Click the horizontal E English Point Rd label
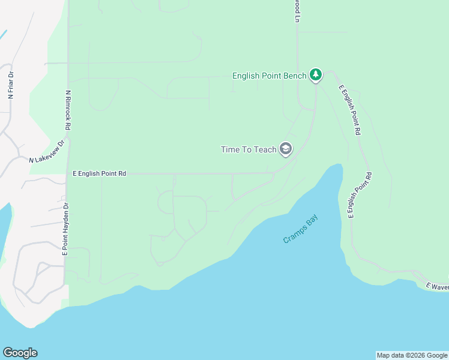coord(99,173)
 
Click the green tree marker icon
coord(316,75)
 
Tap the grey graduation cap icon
coord(286,149)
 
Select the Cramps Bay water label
coord(300,229)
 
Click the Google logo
coord(20,353)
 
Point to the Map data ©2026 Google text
coord(412,355)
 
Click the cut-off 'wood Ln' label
coord(297,11)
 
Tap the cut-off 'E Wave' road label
coord(437,287)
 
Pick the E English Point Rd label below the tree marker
coord(350,109)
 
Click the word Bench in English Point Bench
coord(294,76)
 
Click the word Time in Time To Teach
coord(231,149)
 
